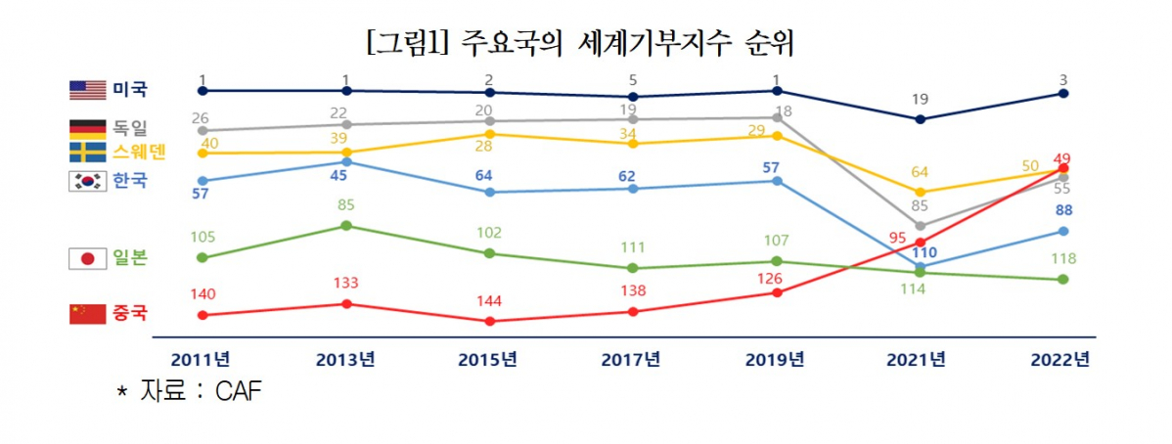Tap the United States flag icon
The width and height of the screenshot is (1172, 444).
click(87, 90)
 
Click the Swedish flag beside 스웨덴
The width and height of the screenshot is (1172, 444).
click(87, 152)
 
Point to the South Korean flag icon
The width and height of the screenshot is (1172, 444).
click(87, 181)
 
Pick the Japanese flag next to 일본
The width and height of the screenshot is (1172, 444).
click(87, 258)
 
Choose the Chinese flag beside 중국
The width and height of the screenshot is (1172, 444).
click(87, 314)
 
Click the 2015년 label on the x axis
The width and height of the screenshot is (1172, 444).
click(488, 359)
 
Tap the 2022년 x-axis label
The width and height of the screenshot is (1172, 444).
click(1060, 359)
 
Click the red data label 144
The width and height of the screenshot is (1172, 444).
click(488, 300)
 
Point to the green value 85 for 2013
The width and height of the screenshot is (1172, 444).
click(346, 205)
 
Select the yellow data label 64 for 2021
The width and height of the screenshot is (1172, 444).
click(920, 173)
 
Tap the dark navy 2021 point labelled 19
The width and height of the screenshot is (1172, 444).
click(920, 119)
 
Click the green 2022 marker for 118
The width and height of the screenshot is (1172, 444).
click(1063, 280)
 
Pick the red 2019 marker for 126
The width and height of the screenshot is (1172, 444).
click(777, 291)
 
